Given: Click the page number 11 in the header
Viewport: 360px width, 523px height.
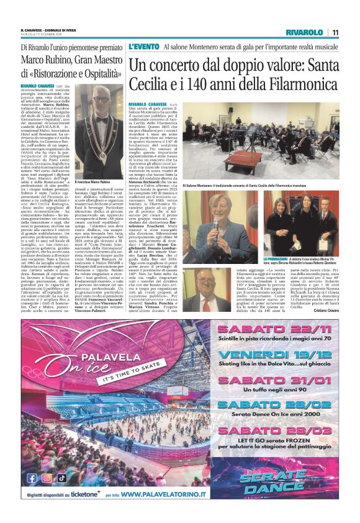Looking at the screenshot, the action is click(x=335, y=32).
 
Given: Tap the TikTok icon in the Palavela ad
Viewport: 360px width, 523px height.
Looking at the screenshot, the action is click(x=61, y=478).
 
